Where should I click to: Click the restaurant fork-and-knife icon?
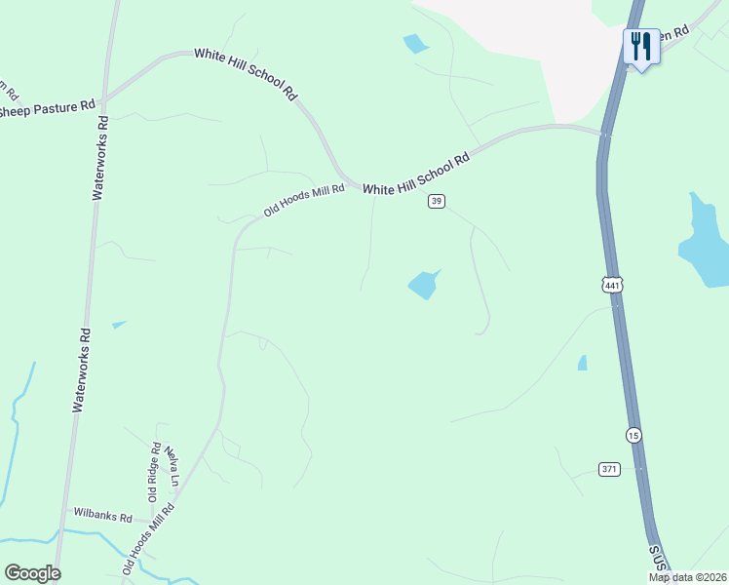pos(641,45)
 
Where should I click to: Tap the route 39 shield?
pos(437,201)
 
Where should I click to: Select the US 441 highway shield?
pos(611,285)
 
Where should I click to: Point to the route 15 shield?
pos(633,434)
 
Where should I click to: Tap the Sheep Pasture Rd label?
pos(46,109)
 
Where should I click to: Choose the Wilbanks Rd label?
pos(103,517)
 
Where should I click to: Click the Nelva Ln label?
pos(173,467)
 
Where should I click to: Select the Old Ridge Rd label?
pos(155,472)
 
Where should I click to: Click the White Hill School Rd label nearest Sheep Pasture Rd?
pos(246,73)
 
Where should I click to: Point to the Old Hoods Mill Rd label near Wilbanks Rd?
pos(148,537)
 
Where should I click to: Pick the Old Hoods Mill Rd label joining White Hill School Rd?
pos(304,202)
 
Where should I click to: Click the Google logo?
pos(32,573)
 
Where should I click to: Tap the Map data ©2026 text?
pos(687,577)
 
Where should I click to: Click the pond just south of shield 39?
pos(423,284)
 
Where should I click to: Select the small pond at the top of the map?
pos(416,43)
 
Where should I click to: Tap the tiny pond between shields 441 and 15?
pos(582,363)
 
